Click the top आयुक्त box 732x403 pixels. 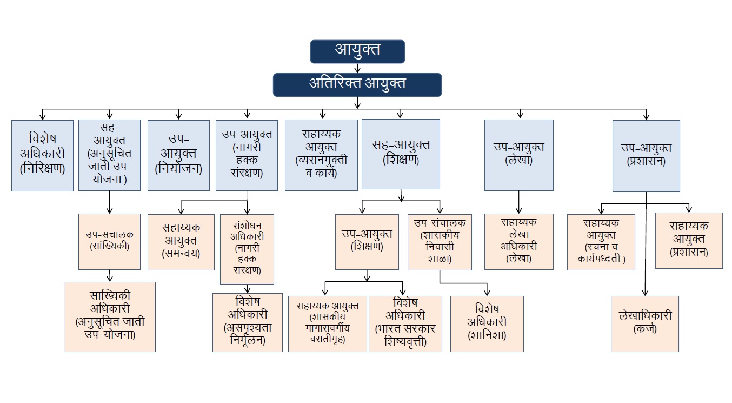pyautogui.click(x=357, y=51)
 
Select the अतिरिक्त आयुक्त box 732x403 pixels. pyautogui.click(x=357, y=84)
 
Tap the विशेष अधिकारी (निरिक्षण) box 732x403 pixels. pyautogui.click(x=42, y=155)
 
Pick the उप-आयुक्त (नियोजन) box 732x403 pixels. pyautogui.click(x=178, y=155)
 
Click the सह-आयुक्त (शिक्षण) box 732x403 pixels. pyautogui.click(x=401, y=154)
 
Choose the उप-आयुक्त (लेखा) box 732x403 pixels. pyautogui.click(x=518, y=155)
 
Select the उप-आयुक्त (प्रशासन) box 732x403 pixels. pyautogui.click(x=646, y=155)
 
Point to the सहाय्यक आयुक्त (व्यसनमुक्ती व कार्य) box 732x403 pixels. pyautogui.click(x=321, y=155)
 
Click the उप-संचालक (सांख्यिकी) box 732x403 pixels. pyautogui.click(x=109, y=241)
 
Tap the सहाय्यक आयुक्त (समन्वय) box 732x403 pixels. pyautogui.click(x=181, y=241)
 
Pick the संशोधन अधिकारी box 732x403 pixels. pyautogui.click(x=247, y=249)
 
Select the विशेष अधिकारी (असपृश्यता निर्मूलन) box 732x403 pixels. pyautogui.click(x=247, y=322)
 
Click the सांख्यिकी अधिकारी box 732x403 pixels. pyautogui.click(x=110, y=316)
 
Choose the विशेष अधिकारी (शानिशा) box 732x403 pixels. pyautogui.click(x=487, y=323)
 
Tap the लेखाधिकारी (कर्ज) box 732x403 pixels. pyautogui.click(x=645, y=323)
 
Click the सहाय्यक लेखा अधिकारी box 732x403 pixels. pyautogui.click(x=519, y=241)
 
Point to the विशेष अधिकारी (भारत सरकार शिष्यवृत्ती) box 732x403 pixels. pyautogui.click(x=405, y=323)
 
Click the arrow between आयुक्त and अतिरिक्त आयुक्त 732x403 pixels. pyautogui.click(x=357, y=68)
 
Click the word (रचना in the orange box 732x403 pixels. pyautogui.click(x=596, y=248)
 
